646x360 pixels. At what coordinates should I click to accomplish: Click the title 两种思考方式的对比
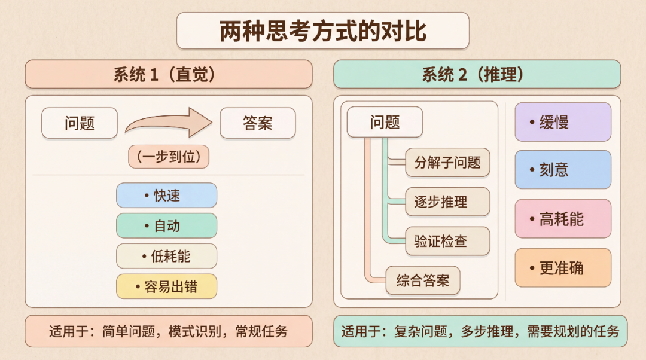pos(322,31)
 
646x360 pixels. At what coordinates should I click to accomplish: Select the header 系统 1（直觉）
pos(168,74)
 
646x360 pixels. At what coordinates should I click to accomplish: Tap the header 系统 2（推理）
pos(477,74)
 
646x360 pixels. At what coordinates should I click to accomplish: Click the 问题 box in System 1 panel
pos(80,123)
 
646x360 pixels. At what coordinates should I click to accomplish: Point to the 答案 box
pos(258,123)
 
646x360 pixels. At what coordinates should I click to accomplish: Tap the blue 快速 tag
pos(166,196)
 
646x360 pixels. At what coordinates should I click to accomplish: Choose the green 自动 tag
pos(166,226)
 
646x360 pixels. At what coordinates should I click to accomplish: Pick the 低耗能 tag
pos(166,256)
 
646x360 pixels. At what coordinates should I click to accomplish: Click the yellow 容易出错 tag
pos(166,286)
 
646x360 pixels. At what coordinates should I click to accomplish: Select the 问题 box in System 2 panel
pos(385,123)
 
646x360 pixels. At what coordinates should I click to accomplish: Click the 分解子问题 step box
pos(447,162)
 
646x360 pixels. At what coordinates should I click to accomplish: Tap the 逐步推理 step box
pos(447,202)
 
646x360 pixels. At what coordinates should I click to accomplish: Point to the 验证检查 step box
pos(447,242)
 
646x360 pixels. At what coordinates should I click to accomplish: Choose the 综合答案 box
pos(422,280)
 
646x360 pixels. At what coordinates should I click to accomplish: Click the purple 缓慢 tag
pos(563,122)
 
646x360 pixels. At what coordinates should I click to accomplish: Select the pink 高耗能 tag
pos(563,219)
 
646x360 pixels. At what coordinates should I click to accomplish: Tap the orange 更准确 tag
pos(563,267)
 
